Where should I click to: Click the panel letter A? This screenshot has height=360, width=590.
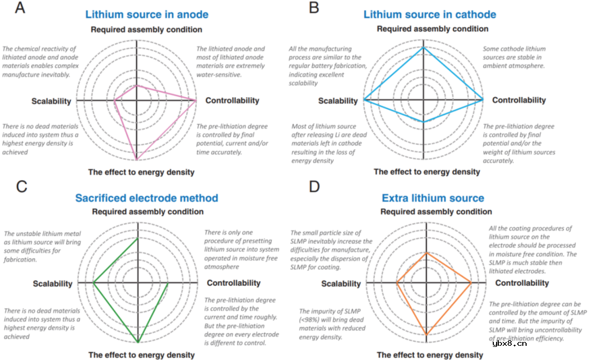pyautogui.click(x=20, y=8)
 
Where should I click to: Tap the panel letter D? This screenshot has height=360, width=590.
pyautogui.click(x=314, y=187)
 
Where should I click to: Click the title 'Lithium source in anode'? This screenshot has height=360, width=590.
pyautogui.click(x=147, y=14)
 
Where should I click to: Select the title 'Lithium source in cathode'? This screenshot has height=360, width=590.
pyautogui.click(x=430, y=14)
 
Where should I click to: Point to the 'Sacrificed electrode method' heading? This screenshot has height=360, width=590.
pyautogui.click(x=147, y=198)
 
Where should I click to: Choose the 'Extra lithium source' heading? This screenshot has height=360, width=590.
pyautogui.click(x=433, y=198)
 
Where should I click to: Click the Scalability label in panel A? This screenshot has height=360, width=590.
pyautogui.click(x=51, y=101)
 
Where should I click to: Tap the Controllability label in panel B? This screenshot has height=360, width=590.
pyautogui.click(x=519, y=100)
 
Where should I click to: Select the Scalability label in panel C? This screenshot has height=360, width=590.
pyautogui.click(x=52, y=284)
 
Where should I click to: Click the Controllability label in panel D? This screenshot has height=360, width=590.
pyautogui.click(x=522, y=283)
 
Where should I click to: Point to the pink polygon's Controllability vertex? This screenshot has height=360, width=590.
pyautogui.click(x=196, y=101)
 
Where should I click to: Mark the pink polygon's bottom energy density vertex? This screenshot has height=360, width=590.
pyautogui.click(x=137, y=160)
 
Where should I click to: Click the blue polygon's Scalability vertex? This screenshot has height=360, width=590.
pyautogui.click(x=364, y=100)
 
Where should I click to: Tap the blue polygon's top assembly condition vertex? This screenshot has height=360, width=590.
pyautogui.click(x=424, y=48)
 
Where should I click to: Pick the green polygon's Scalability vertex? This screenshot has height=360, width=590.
pyautogui.click(x=93, y=283)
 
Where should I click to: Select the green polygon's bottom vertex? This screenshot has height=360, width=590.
pyautogui.click(x=138, y=343)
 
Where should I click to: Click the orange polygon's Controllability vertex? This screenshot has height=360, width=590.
pyautogui.click(x=471, y=282)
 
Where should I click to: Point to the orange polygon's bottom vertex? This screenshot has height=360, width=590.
pyautogui.click(x=426, y=334)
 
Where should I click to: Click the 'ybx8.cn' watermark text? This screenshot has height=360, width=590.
pyautogui.click(x=510, y=343)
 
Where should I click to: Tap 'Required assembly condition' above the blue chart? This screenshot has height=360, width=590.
pyautogui.click(x=433, y=29)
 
